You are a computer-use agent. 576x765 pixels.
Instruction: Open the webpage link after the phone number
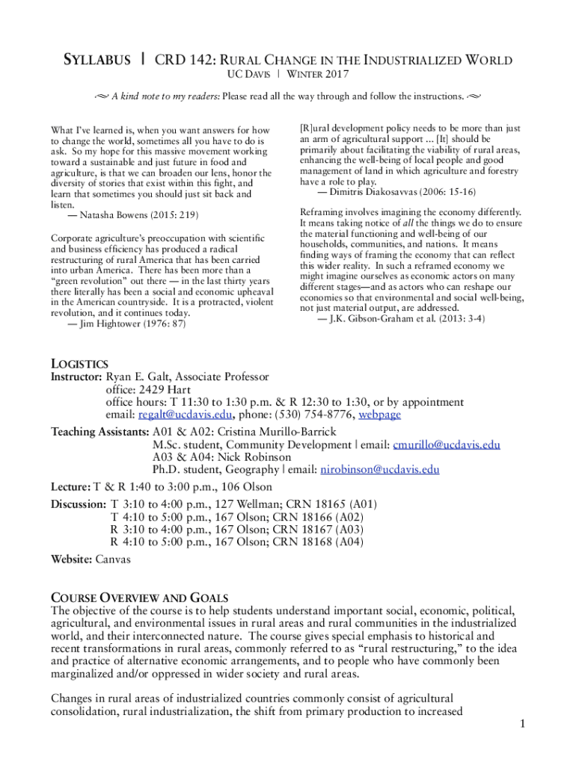point(379,415)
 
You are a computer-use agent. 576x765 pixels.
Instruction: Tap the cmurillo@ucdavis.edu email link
point(447,445)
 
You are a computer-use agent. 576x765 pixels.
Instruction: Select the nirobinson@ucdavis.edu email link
point(379,470)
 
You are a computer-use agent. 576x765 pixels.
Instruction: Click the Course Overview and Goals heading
point(138,598)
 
